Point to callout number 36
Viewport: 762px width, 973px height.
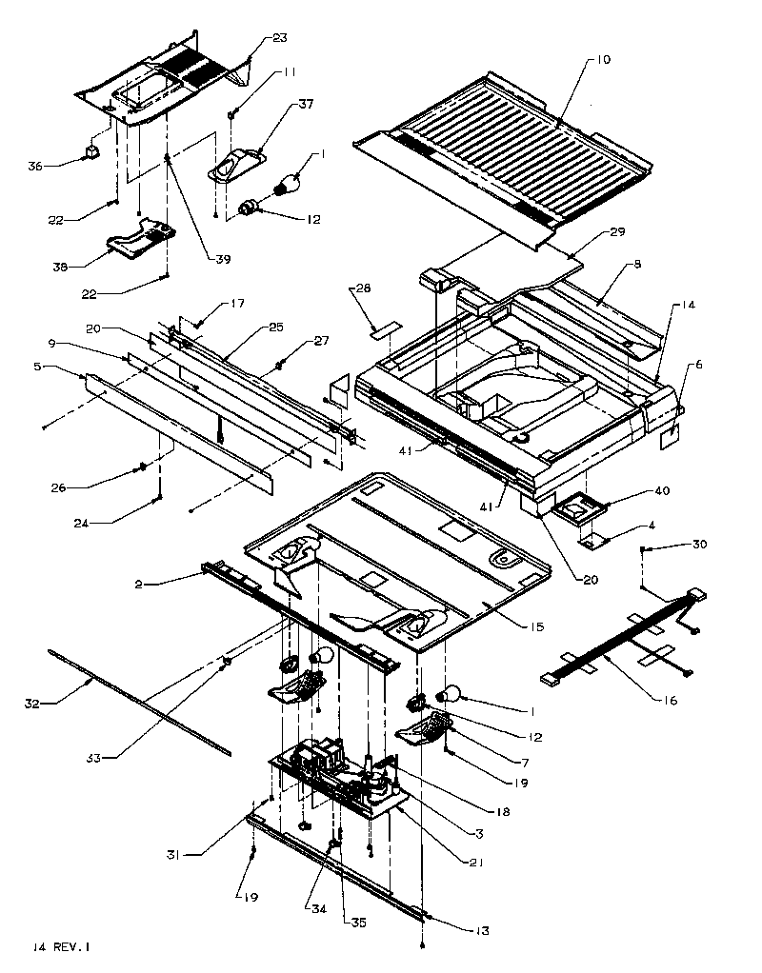click(35, 167)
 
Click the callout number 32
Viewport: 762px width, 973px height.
click(31, 705)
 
